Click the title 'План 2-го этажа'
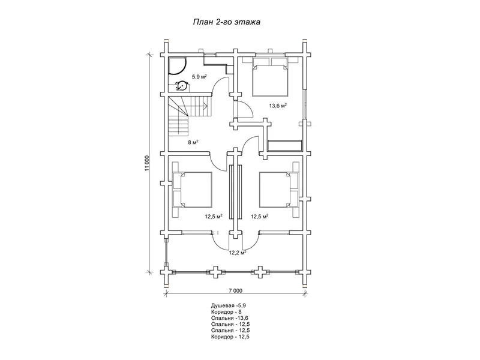pos(227,22)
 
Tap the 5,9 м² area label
pos(199,77)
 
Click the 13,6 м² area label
pos(278,106)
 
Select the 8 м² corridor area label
pos(193,142)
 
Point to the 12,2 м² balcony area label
pos(238,253)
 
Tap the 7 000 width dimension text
pos(235,290)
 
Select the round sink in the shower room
pos(182,85)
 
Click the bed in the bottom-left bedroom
pos(193,190)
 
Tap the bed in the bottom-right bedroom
pos(279,190)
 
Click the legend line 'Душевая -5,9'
pos(229,305)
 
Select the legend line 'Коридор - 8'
pos(226,312)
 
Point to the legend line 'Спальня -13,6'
pos(229,318)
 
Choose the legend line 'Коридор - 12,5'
pos(230,337)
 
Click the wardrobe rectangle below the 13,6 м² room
pos(284,145)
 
